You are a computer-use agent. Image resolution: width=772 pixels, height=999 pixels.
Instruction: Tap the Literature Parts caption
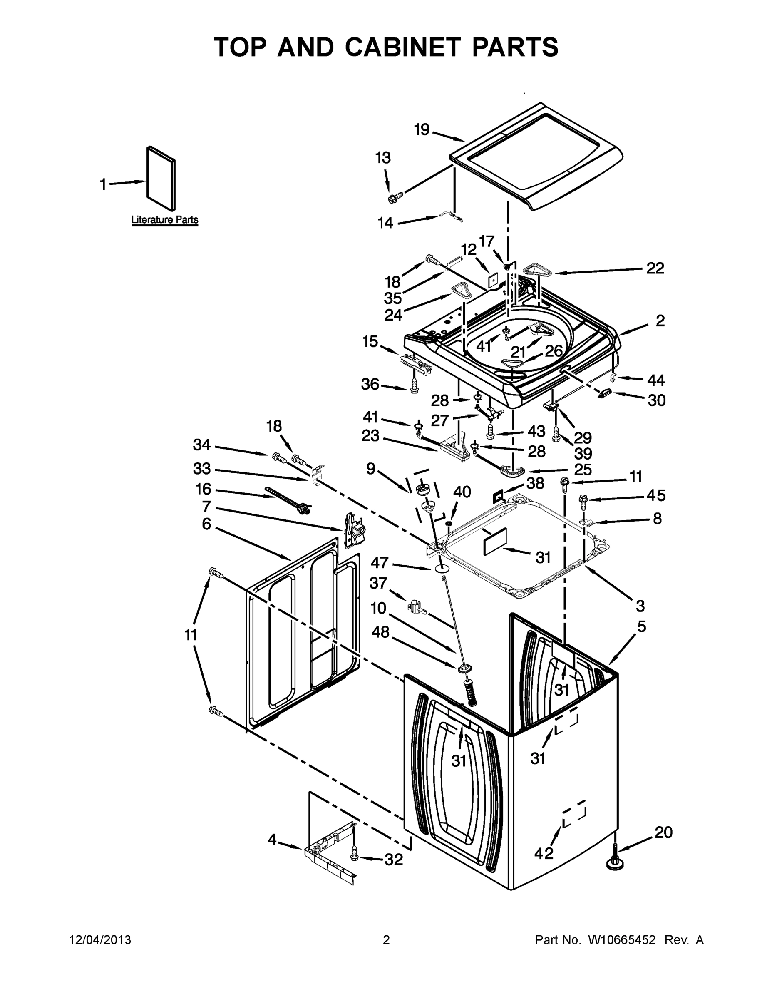point(165,219)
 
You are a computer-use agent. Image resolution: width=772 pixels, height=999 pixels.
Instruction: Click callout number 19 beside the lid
point(422,130)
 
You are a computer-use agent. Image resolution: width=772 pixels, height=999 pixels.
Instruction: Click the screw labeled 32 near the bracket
point(354,852)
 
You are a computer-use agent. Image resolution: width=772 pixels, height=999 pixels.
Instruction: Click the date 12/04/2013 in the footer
point(100,940)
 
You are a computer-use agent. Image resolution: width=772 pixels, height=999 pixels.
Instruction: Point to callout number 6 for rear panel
point(206,524)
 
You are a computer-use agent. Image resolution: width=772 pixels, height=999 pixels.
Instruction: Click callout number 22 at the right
point(655,268)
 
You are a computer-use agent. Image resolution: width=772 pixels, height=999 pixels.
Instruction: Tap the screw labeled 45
point(583,499)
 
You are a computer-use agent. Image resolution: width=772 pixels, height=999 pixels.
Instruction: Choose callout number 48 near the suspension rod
point(380,632)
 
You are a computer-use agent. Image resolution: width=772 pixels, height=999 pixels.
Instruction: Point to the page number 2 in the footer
point(386,940)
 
